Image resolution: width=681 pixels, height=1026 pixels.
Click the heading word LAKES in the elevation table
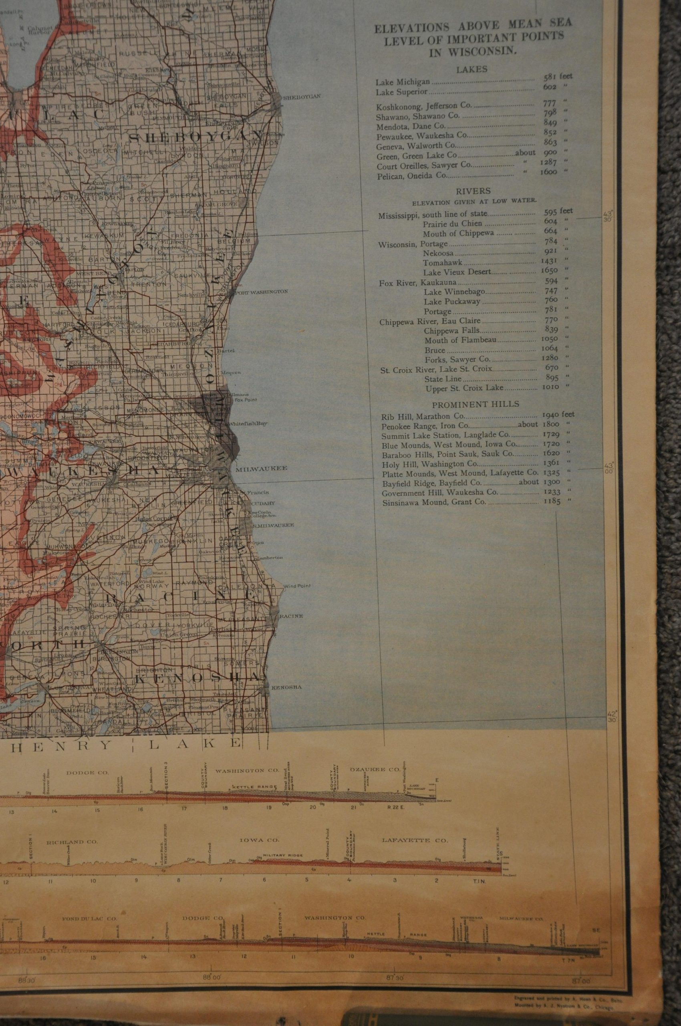coord(471,69)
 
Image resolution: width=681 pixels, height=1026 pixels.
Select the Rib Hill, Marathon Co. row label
coord(417,416)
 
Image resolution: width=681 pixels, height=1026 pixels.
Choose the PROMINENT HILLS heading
coord(475,404)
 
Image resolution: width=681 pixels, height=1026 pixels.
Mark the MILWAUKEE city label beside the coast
coord(261,469)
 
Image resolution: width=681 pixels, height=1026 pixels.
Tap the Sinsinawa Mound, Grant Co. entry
coord(434,503)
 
